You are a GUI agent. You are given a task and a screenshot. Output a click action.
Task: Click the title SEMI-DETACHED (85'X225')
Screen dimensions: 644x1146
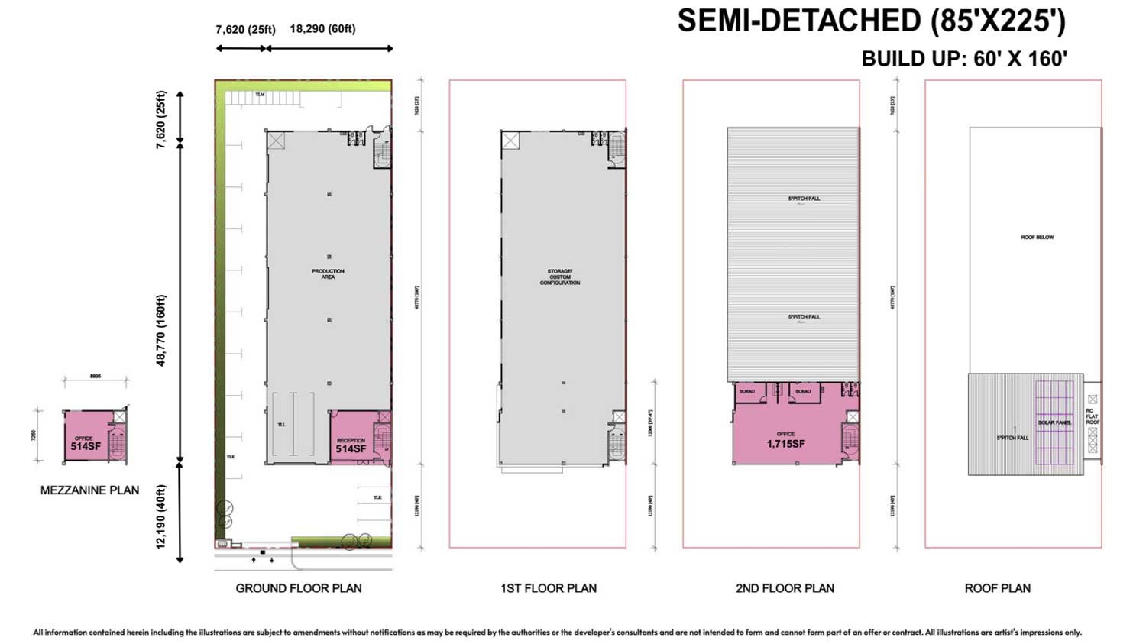871,21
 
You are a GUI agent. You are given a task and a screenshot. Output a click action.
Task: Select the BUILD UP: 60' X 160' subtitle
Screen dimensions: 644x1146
964,59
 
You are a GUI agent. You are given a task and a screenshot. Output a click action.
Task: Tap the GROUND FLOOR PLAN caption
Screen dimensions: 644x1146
299,588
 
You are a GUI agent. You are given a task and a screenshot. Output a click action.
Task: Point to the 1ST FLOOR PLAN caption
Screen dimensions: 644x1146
549,588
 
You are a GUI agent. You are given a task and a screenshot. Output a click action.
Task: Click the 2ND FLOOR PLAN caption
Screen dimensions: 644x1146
785,588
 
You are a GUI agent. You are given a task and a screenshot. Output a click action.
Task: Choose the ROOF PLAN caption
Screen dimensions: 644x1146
997,588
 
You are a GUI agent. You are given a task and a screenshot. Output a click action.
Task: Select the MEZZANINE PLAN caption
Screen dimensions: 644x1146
89,490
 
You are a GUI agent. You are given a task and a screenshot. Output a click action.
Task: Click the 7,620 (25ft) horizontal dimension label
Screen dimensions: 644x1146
245,29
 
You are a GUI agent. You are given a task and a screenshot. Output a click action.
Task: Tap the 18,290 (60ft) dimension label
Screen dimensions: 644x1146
322,29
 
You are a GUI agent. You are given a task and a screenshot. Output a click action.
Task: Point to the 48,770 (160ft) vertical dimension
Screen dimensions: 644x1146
161,330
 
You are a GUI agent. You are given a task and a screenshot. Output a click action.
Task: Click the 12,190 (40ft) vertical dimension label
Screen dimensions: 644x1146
161,516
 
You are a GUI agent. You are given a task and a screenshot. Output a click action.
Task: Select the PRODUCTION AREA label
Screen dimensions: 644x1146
328,273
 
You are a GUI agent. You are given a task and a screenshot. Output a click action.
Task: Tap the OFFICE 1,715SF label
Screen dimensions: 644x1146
785,440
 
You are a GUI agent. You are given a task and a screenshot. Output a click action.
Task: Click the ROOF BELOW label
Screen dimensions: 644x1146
1037,238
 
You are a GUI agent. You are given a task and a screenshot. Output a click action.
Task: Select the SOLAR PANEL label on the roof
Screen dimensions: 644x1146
1054,422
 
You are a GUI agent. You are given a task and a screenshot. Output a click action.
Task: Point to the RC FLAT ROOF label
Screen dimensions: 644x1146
1093,416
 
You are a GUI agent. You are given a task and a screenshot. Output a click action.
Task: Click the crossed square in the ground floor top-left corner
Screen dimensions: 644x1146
275,141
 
